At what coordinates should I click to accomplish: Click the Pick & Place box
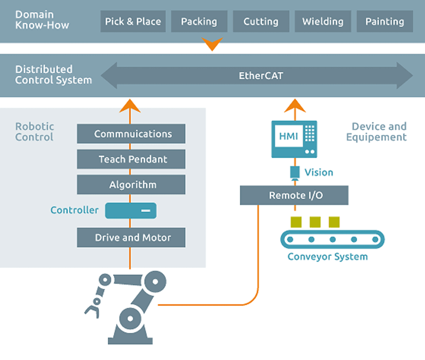[133, 22]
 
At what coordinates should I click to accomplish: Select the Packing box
[199, 22]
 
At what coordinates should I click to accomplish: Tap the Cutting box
[261, 22]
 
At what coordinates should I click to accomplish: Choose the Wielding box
[323, 22]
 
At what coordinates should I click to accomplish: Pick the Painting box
[384, 22]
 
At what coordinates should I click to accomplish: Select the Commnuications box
[131, 134]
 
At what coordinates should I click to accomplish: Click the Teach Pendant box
[131, 159]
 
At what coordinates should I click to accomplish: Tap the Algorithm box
[131, 185]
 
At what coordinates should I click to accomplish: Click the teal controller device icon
[131, 210]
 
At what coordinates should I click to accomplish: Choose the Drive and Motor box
[131, 237]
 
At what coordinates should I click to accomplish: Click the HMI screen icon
[294, 138]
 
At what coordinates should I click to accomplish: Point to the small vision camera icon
[295, 172]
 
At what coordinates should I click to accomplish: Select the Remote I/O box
[294, 195]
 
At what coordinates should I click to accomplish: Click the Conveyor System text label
[327, 256]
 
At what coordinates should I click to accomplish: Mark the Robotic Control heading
[34, 132]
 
